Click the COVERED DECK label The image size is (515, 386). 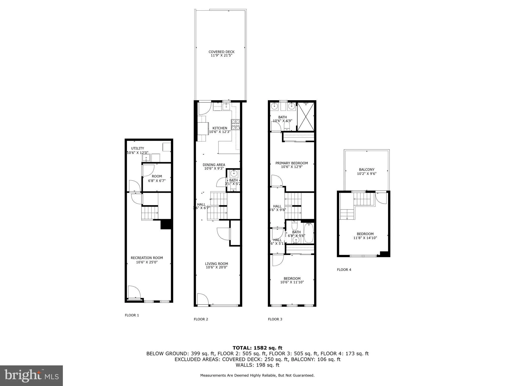click(221, 52)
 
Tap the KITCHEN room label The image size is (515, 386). click(220, 128)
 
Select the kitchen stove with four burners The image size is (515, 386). click(236, 125)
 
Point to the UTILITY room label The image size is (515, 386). click(138, 148)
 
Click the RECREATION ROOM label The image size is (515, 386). click(147, 258)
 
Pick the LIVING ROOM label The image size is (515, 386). click(216, 264)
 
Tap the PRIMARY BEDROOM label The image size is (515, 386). click(291, 163)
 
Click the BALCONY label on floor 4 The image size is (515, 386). click(367, 170)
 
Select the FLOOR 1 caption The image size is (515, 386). click(132, 315)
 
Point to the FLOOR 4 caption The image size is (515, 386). click(344, 270)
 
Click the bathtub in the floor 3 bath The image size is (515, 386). click(309, 233)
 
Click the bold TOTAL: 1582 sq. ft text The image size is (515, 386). click(257, 348)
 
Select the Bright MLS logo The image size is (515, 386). click(31, 375)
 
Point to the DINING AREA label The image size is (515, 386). click(214, 165)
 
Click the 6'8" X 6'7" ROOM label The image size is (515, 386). click(157, 178)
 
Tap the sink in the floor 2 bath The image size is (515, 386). click(234, 173)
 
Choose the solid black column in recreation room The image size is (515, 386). click(166, 224)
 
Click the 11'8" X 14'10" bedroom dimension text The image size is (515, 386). click(365, 238)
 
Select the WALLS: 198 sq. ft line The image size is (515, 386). click(257, 365)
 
